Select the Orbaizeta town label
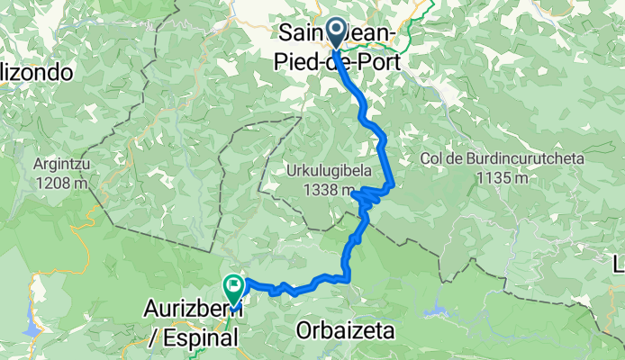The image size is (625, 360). click(346, 331)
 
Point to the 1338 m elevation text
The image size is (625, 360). click(331, 190)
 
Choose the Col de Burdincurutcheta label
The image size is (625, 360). click(503, 158)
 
